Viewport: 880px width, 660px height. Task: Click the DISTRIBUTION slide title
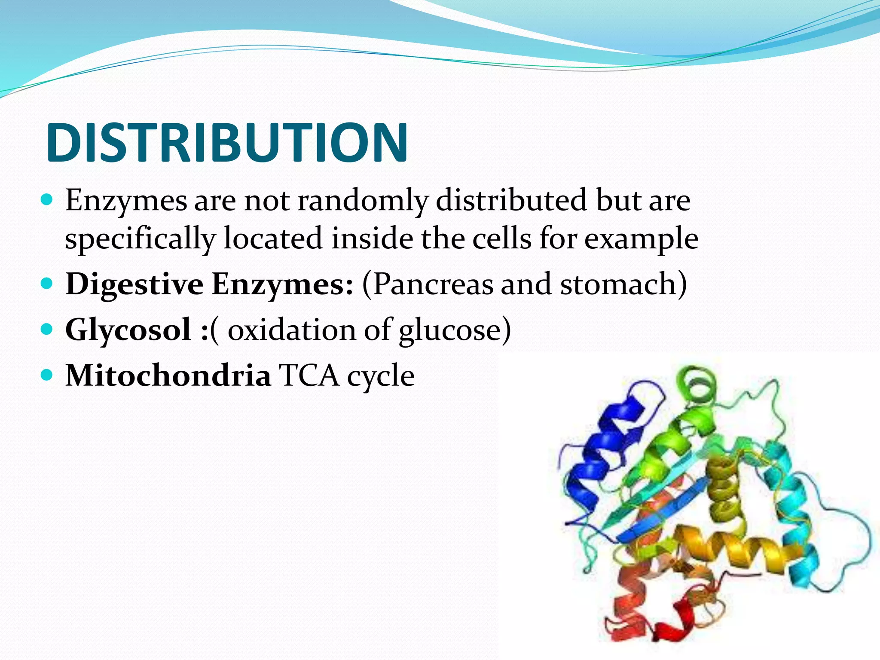coord(226,143)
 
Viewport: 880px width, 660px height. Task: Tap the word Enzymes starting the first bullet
coord(126,201)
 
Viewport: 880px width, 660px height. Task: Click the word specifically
coord(140,239)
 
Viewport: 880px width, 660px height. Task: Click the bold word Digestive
coord(134,285)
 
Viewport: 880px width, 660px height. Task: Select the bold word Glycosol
coord(128,330)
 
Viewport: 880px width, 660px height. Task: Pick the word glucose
coord(449,330)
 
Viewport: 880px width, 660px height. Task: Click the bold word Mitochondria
coord(168,376)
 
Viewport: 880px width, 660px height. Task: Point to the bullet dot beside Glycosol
coord(47,330)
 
